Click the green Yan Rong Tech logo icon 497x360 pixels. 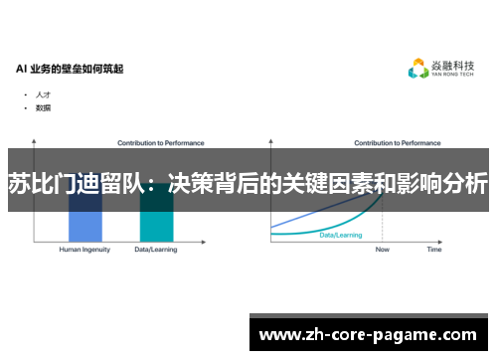(418, 69)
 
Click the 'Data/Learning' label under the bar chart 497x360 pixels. (156, 250)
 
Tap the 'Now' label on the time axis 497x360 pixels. (383, 250)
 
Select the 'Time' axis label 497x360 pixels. (434, 250)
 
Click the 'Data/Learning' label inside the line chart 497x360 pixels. (340, 235)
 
